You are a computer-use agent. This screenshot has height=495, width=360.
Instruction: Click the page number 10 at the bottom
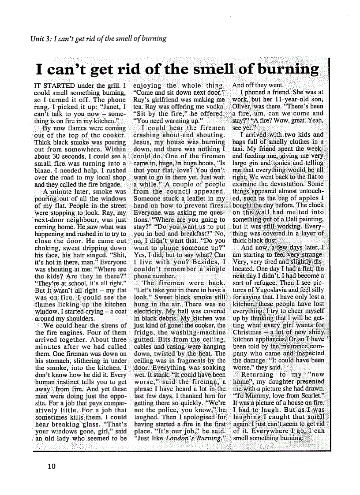click(52, 466)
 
